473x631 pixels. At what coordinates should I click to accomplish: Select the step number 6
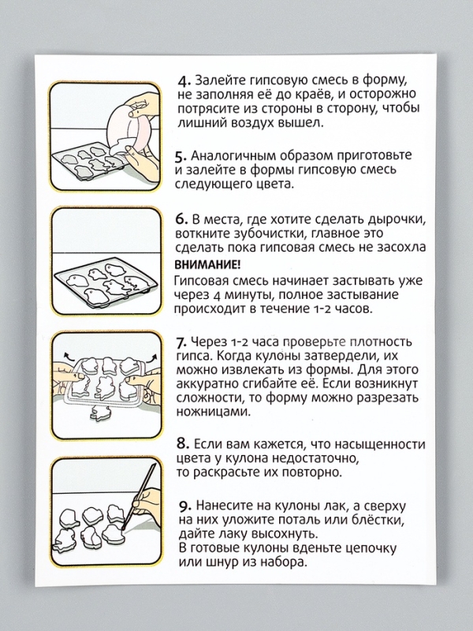pyautogui.click(x=180, y=218)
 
